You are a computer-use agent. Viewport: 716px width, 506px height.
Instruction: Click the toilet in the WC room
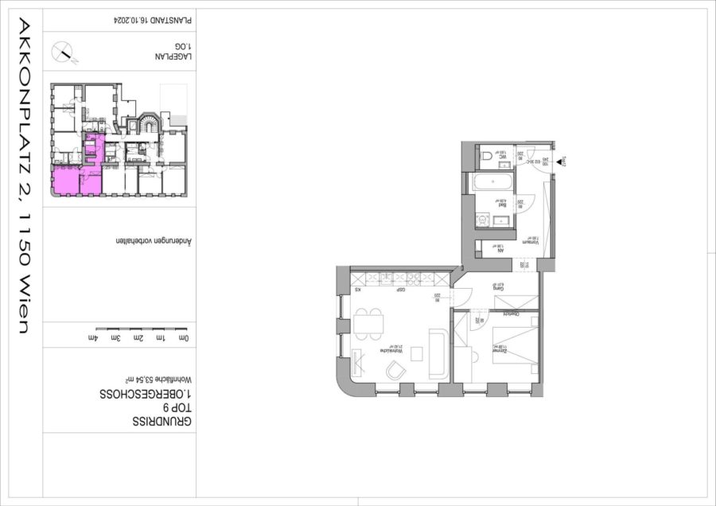[486, 157]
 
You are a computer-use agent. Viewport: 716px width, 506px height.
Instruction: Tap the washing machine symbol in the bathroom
[481, 220]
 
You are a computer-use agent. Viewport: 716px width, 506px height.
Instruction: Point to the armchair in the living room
[395, 369]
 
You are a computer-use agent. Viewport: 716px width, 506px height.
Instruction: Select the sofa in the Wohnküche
[438, 354]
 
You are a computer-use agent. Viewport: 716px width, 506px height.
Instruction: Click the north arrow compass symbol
[64, 53]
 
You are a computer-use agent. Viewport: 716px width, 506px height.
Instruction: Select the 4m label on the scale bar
[95, 338]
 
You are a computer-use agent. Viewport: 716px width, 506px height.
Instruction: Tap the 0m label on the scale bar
[185, 338]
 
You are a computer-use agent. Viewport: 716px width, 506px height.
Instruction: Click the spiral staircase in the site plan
[148, 126]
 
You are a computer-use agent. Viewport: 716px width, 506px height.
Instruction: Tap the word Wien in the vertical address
[24, 304]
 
